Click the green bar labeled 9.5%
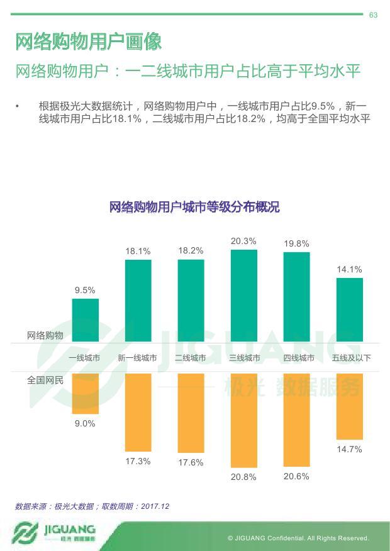coord(86,320)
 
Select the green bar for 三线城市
coord(244,296)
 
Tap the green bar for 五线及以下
coord(350,309)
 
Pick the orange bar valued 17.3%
coord(138,412)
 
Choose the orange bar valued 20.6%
coord(296,420)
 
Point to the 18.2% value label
coord(191,250)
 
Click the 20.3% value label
coord(243,241)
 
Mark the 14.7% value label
coord(349,449)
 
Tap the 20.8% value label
coord(243,477)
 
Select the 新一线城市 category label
coord(138,358)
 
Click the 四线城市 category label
coord(298,358)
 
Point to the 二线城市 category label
coord(191,358)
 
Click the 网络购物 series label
coord(45,335)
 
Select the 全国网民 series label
coord(45,380)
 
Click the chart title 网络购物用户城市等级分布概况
coord(194,207)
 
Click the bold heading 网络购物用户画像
coord(89,42)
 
